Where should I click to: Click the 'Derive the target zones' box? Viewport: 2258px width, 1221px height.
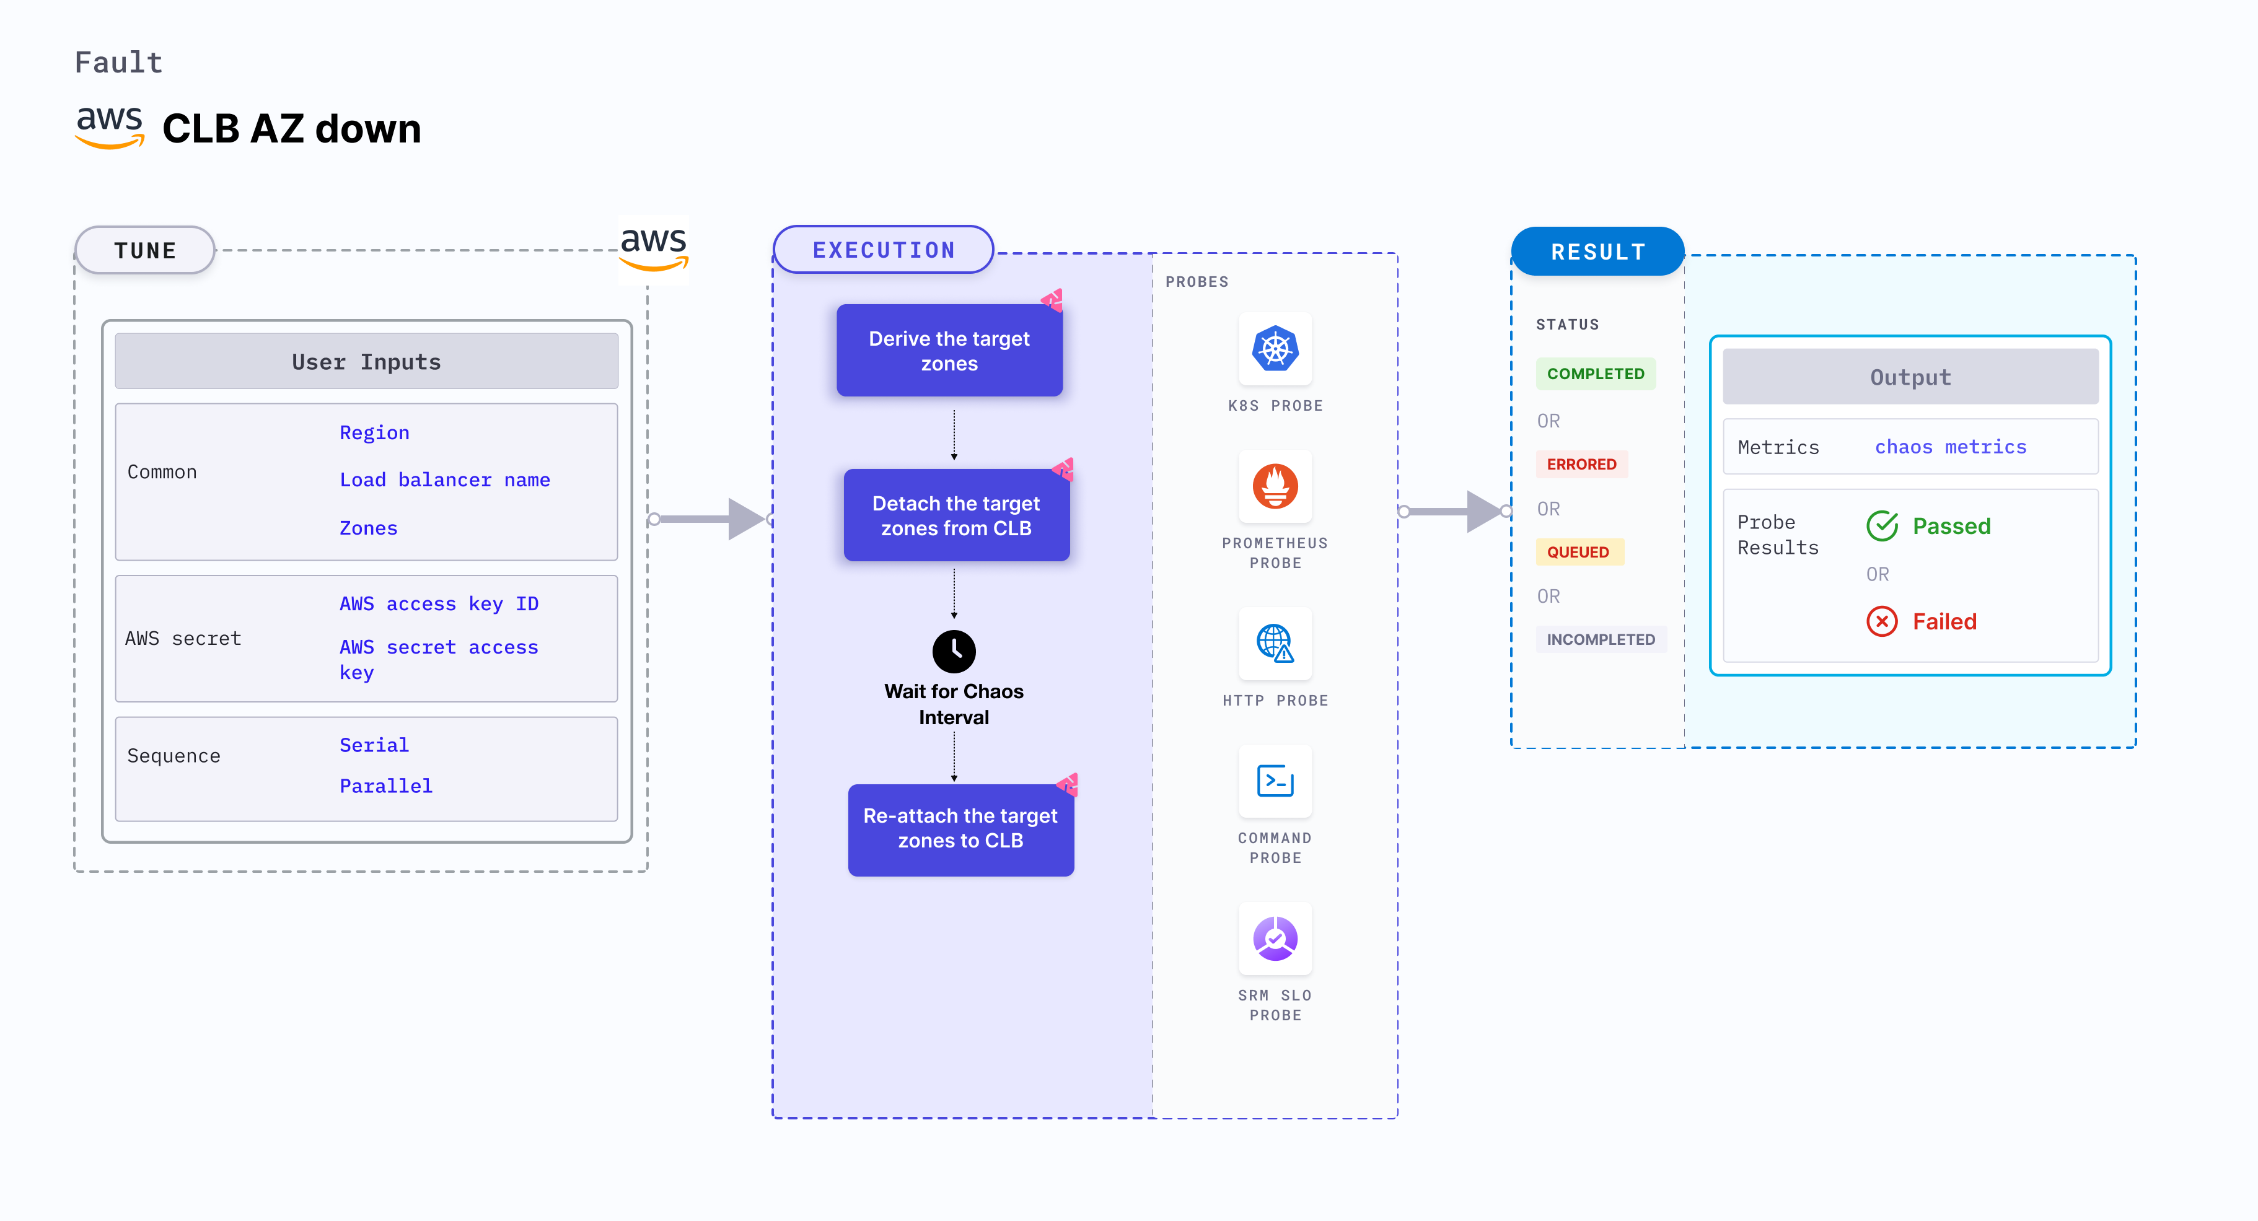[x=949, y=351]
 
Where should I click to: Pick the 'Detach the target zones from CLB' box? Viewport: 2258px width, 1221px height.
[x=955, y=515]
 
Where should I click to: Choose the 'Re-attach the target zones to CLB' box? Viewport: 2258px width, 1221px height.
[x=960, y=828]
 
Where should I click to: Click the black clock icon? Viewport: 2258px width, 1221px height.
[x=954, y=651]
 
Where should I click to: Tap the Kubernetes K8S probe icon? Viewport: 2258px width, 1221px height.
[x=1275, y=349]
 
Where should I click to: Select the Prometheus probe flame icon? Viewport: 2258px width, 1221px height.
[x=1275, y=486]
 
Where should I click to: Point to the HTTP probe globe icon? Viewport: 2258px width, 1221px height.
[x=1275, y=644]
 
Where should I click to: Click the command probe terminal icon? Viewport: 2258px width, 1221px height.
[x=1275, y=781]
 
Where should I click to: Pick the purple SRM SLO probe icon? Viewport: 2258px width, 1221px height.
[x=1275, y=938]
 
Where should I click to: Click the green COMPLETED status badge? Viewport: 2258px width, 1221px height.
[x=1596, y=374]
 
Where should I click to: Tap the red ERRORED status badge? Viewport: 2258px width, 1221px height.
[x=1581, y=465]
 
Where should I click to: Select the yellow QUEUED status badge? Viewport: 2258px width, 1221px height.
[x=1578, y=552]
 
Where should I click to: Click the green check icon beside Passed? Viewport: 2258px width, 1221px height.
[x=1882, y=526]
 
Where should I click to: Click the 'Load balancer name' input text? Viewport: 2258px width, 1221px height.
[x=444, y=480]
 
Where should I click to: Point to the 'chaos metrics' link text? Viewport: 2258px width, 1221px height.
[x=1950, y=447]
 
